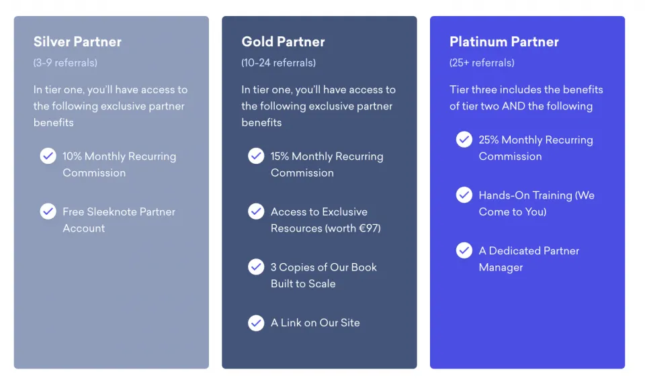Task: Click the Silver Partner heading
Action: click(x=77, y=42)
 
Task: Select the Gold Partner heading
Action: click(x=283, y=42)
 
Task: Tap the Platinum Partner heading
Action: click(x=504, y=42)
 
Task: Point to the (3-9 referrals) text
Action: click(x=65, y=62)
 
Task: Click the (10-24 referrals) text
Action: click(x=278, y=62)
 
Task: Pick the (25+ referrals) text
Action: click(x=482, y=62)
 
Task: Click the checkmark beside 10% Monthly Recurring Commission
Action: click(x=48, y=156)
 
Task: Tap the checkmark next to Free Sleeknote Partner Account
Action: click(x=48, y=211)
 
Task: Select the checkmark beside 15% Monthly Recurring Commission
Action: click(x=256, y=156)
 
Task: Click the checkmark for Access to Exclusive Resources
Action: click(x=256, y=211)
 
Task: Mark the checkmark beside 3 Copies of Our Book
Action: click(x=256, y=267)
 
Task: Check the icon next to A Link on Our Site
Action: click(x=256, y=323)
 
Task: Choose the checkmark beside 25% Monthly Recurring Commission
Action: click(x=464, y=140)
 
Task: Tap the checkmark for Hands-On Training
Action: click(x=464, y=195)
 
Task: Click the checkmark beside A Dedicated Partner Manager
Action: click(x=464, y=250)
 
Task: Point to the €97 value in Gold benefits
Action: click(x=368, y=228)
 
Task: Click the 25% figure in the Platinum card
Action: click(x=488, y=140)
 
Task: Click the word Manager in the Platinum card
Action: click(x=501, y=267)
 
